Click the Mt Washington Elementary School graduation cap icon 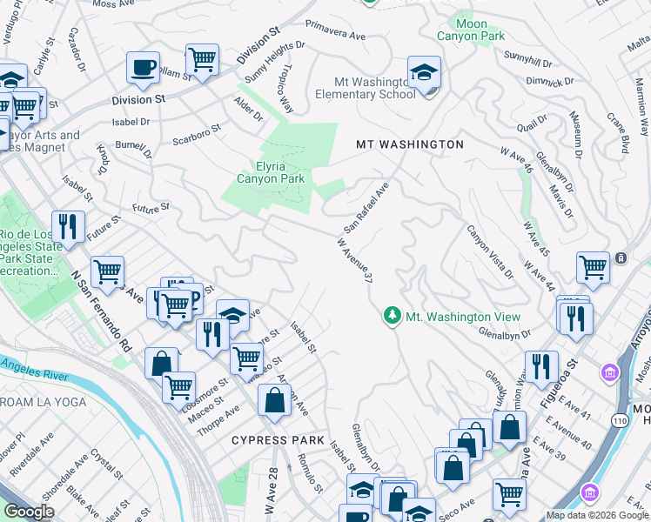coord(424,72)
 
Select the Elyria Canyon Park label coord(271,171)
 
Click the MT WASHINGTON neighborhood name coord(409,144)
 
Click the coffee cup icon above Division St coord(143,67)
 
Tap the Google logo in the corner coord(29,512)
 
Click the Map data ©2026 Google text coord(596,515)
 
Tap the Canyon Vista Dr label coord(490,251)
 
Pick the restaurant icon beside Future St coord(68,227)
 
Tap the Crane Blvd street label coord(618,133)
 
